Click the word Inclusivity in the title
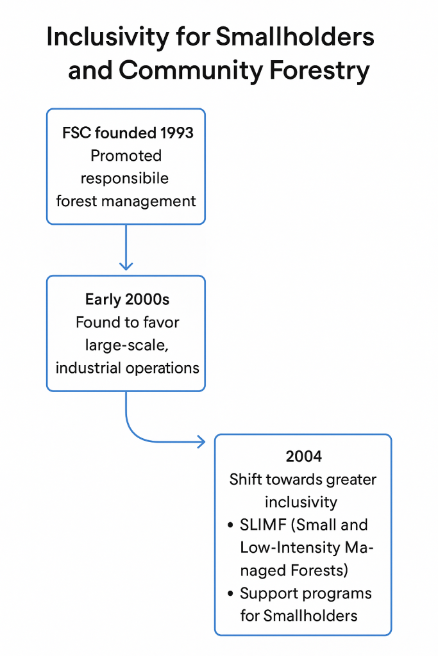[x=108, y=37]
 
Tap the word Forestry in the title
[x=319, y=70]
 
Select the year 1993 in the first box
[x=176, y=133]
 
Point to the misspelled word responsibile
[x=124, y=178]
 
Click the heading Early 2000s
[x=128, y=300]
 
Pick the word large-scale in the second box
[x=126, y=345]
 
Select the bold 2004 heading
[x=303, y=456]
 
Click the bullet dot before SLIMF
[x=230, y=525]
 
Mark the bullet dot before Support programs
[x=230, y=594]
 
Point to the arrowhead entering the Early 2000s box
[x=126, y=266]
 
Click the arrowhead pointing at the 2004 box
[x=201, y=442]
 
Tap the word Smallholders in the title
[x=295, y=37]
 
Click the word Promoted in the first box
[x=126, y=156]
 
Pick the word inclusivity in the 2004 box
[x=301, y=502]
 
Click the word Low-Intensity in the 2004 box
[x=291, y=548]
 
